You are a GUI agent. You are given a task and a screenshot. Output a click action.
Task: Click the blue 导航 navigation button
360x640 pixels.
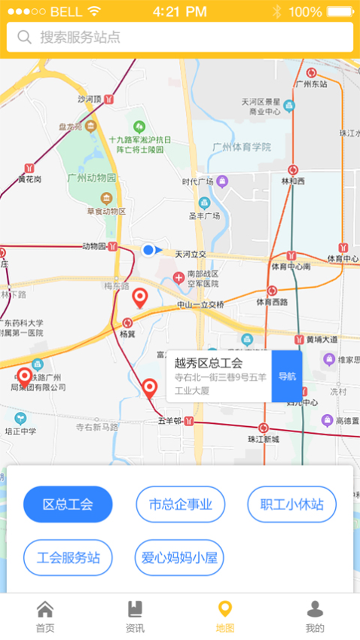point(287,376)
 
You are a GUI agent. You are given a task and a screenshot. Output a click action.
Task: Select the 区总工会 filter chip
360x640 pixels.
point(68,504)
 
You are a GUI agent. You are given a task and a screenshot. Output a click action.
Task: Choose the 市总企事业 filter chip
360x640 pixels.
point(180,504)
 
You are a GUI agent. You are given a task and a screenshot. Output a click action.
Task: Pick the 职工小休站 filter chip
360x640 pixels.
point(291,504)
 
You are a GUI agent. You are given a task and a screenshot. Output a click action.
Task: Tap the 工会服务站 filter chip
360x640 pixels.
point(68,558)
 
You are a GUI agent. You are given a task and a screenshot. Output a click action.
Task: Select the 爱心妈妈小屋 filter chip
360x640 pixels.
point(179,558)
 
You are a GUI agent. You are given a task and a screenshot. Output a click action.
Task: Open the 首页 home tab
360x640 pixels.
point(45,617)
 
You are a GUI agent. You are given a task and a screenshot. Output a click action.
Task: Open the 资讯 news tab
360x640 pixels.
point(135,617)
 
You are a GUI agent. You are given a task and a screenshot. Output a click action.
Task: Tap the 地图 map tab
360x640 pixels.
point(224,617)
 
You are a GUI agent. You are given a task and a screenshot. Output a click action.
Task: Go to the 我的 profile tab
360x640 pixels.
point(315,617)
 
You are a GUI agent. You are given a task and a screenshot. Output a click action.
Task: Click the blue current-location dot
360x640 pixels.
point(148,250)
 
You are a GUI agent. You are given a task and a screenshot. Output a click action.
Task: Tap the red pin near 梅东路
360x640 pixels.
point(139,298)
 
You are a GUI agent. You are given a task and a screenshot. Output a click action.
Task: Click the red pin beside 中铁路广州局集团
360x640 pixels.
point(25,376)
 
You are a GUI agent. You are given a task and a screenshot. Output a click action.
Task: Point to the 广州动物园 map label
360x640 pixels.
point(92,178)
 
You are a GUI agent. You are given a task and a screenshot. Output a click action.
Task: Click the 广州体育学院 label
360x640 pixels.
point(241,147)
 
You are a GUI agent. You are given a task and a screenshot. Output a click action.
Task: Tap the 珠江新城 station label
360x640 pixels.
point(263,439)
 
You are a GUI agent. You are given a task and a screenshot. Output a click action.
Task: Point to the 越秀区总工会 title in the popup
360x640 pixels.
point(206,363)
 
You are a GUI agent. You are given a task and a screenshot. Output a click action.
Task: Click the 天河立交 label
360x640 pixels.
point(191,254)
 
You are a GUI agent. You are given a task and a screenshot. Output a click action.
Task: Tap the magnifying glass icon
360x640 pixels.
point(25,37)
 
